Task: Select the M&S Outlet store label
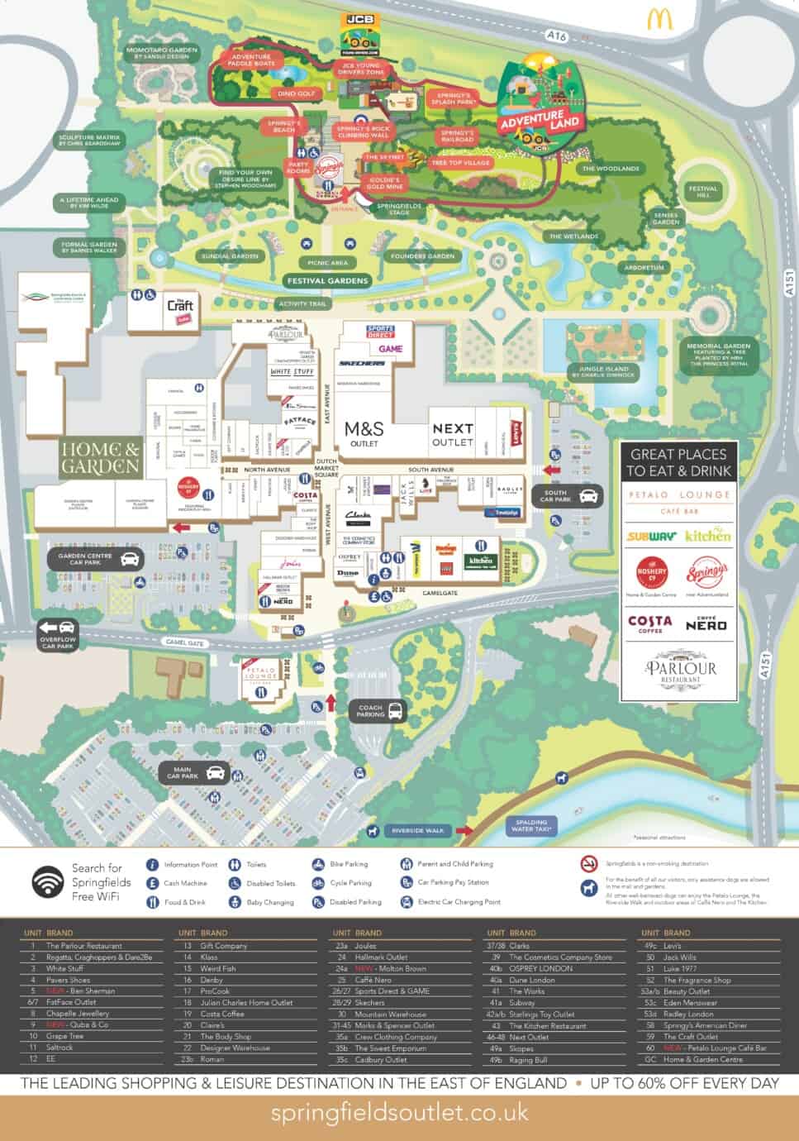pyautogui.click(x=364, y=433)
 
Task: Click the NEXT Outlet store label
pyautogui.click(x=453, y=434)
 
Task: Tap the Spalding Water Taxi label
pyautogui.click(x=530, y=826)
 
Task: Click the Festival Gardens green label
pyautogui.click(x=327, y=281)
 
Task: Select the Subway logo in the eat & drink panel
pyautogui.click(x=651, y=536)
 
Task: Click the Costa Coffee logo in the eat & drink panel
pyautogui.click(x=649, y=624)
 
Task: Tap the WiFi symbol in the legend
pyautogui.click(x=46, y=882)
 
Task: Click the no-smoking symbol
pyautogui.click(x=588, y=863)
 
